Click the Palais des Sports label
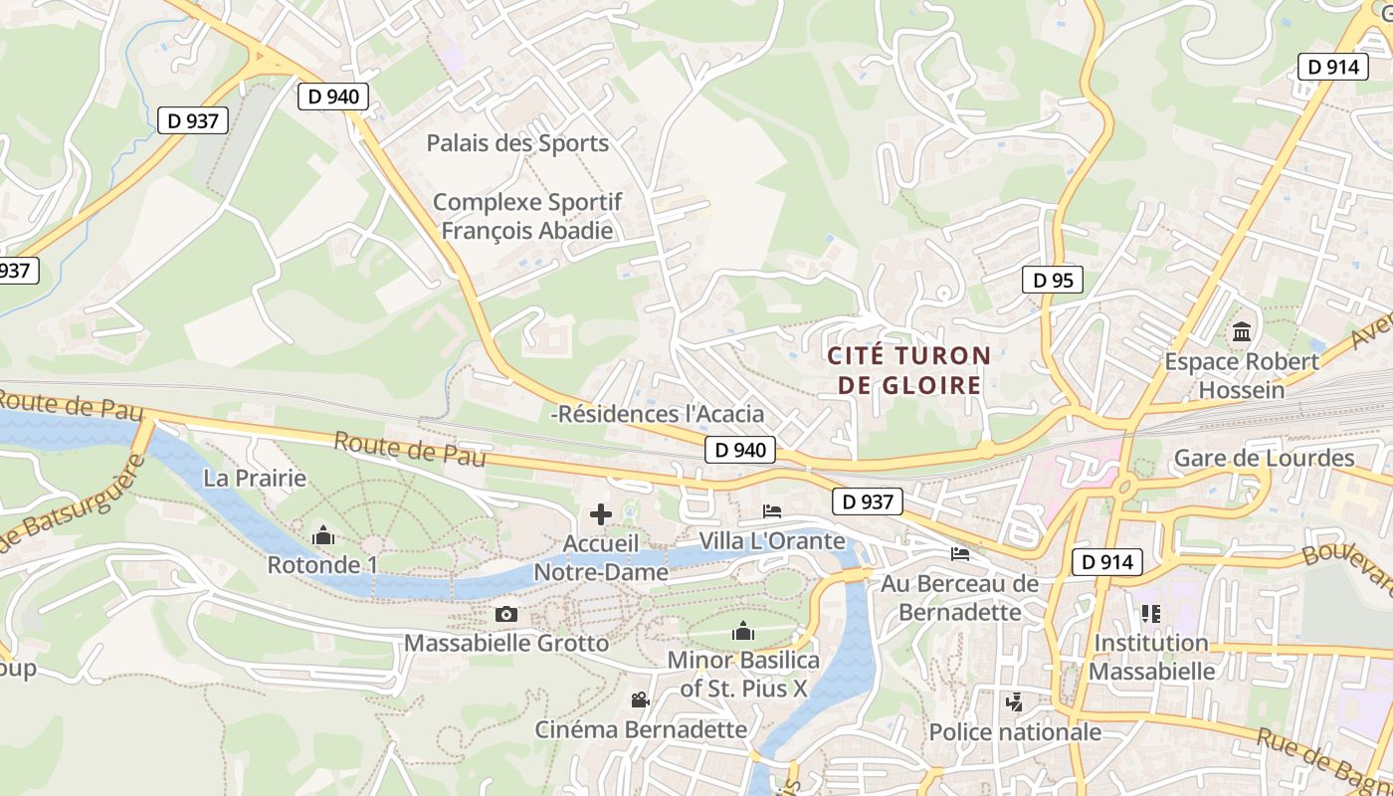(517, 143)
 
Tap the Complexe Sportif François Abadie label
(527, 216)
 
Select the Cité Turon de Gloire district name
(909, 370)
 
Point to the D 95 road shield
(1053, 281)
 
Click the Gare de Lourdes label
(1265, 459)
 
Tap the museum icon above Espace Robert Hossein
(1242, 331)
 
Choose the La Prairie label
(255, 479)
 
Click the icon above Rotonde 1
(322, 536)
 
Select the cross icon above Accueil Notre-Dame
(600, 514)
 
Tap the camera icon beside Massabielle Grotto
(506, 614)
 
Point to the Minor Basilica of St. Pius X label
(743, 674)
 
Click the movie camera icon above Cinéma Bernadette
(640, 699)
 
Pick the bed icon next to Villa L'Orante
(772, 511)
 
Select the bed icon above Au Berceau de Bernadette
(959, 553)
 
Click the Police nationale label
(1015, 732)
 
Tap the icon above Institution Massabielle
(1150, 613)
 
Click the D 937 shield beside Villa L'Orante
(868, 502)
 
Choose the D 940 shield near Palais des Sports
(333, 97)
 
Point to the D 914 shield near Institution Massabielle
(1105, 562)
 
